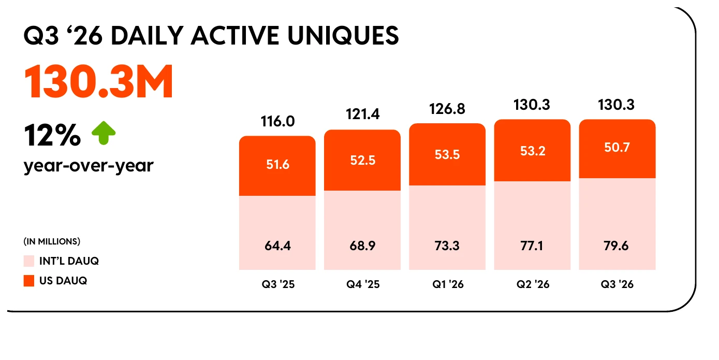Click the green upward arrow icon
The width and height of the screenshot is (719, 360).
[104, 133]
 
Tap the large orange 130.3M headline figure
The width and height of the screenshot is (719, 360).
[98, 81]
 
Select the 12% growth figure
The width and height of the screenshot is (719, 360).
[52, 136]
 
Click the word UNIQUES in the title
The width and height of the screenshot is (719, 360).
[343, 36]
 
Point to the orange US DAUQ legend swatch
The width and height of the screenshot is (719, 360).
[29, 281]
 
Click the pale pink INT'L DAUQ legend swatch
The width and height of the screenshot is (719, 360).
[29, 261]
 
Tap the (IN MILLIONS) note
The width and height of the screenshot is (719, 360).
[52, 241]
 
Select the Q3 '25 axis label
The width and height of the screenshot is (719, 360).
[278, 284]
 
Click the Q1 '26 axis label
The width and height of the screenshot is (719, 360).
[448, 284]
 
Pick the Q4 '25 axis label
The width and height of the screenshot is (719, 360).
[363, 284]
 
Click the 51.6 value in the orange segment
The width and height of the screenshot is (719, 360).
[277, 164]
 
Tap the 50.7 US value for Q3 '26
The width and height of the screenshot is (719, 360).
[617, 148]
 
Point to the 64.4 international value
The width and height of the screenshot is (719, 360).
[277, 246]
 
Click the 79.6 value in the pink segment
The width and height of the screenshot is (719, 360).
[617, 246]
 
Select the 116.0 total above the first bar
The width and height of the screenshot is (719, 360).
[277, 121]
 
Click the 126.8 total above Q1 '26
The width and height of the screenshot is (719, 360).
[447, 109]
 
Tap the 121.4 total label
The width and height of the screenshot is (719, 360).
[363, 114]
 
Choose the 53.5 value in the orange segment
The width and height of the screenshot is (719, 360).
[447, 154]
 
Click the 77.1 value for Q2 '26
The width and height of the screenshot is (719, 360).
[532, 246]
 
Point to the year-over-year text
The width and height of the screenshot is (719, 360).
[89, 166]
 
